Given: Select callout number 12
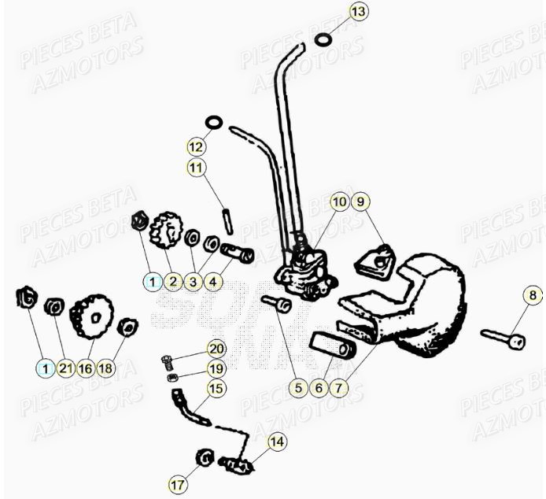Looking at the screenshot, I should tap(196, 146).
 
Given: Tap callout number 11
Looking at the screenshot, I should tap(196, 168).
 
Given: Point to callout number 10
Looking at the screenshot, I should tap(339, 202).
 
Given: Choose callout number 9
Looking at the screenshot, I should tap(360, 202).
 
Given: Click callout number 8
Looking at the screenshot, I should tap(533, 297).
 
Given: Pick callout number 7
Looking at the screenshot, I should tap(339, 387).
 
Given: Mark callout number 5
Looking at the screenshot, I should tap(298, 387).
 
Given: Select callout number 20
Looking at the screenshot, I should tap(216, 349).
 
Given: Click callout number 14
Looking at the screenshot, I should tap(276, 442).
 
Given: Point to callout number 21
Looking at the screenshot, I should tap(65, 368).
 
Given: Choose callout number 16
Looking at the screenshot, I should tap(86, 368).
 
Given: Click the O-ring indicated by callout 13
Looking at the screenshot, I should tap(323, 39).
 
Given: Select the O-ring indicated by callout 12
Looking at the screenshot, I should tap(213, 123).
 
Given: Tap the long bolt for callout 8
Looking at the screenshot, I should tap(502, 339).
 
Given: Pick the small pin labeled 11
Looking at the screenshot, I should tap(227, 219).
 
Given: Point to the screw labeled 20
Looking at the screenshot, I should tap(168, 361).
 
